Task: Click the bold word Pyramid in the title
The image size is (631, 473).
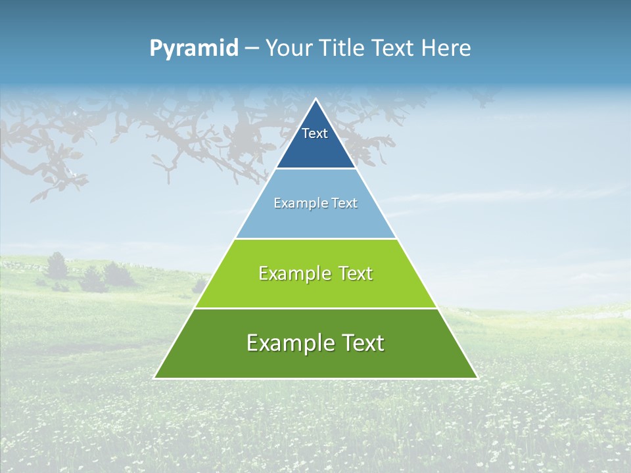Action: tap(194, 49)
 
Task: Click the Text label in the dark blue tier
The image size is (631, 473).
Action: tap(315, 133)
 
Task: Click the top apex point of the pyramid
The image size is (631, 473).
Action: tap(315, 99)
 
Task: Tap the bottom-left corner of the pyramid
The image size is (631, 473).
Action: tap(154, 378)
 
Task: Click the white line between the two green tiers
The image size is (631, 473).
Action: tap(315, 308)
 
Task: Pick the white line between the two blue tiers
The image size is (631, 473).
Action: tap(315, 168)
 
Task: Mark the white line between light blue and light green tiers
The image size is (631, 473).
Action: tap(315, 238)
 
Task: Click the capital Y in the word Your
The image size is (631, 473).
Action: tap(271, 49)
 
